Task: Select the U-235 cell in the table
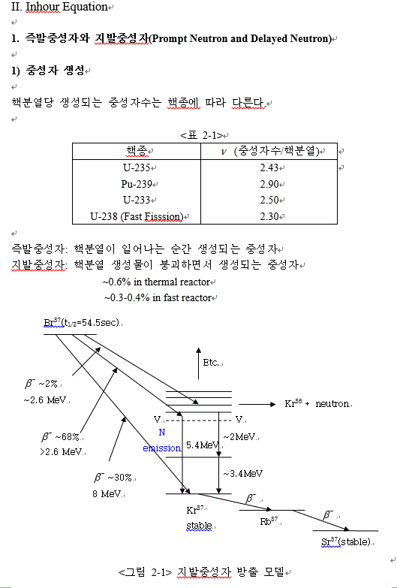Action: [x=136, y=167]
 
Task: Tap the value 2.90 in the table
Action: [x=269, y=184]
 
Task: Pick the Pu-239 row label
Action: [x=136, y=184]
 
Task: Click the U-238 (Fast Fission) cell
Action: [x=136, y=216]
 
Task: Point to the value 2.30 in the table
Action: [x=269, y=216]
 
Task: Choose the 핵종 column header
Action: [x=136, y=150]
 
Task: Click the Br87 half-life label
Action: [x=83, y=322]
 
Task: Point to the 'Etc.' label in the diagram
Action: [x=212, y=363]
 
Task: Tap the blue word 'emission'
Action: [x=162, y=448]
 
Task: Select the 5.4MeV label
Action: [x=201, y=445]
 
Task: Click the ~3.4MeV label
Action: [x=242, y=473]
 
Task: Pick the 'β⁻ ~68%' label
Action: [x=61, y=437]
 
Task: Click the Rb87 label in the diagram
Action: [x=270, y=521]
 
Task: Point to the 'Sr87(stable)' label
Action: [x=346, y=541]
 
